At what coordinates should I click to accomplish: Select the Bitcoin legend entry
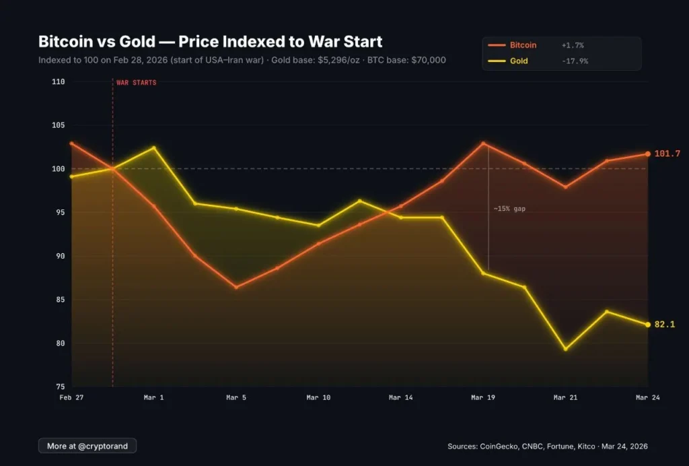[x=523, y=45]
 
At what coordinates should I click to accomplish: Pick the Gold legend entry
[x=519, y=61]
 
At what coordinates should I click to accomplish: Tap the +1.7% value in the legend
[x=573, y=45]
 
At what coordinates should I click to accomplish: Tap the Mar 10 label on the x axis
[x=318, y=398]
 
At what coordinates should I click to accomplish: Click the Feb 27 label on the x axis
[x=71, y=398]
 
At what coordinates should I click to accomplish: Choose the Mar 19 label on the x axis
[x=482, y=398]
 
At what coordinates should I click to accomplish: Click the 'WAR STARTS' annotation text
[x=137, y=83]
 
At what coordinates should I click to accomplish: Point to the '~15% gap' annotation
[x=509, y=209]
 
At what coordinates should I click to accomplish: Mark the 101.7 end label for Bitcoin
[x=667, y=154]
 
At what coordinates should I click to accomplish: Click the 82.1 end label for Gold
[x=665, y=325]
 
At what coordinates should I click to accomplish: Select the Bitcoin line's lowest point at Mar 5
[x=235, y=288]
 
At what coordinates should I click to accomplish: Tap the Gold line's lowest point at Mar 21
[x=565, y=349]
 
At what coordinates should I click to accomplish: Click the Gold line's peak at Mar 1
[x=153, y=147]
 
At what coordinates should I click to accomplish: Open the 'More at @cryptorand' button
[x=87, y=446]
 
